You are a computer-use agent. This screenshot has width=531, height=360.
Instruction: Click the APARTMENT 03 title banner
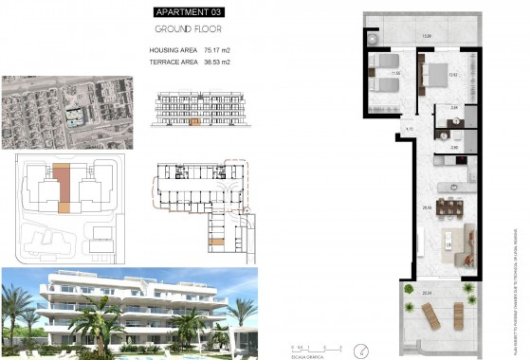pos(192,12)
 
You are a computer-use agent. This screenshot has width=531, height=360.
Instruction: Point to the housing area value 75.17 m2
pos(218,49)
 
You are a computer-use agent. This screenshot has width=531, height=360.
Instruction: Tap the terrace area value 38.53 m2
pos(218,62)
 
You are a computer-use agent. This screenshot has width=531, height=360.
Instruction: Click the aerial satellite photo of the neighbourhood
pos(65,112)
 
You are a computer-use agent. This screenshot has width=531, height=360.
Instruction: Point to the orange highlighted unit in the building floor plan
pos(215,243)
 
